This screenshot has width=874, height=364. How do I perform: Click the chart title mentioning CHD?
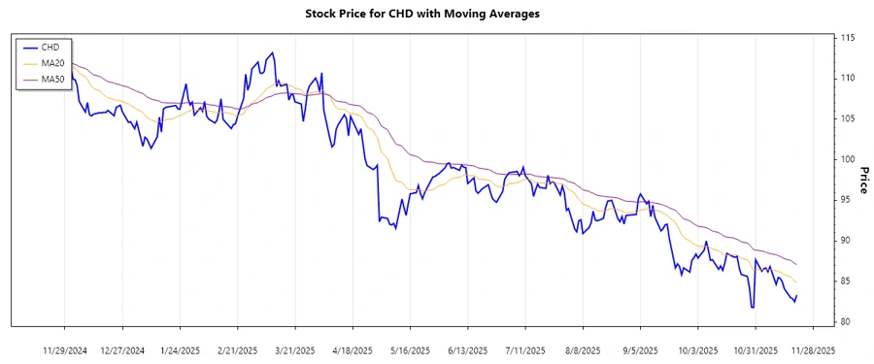tap(436, 14)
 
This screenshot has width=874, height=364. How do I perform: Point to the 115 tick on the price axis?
tap(847, 38)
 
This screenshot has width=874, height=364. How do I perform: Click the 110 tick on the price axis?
tap(847, 78)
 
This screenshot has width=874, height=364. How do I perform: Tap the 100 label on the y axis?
tap(847, 159)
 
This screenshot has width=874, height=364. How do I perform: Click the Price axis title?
tap(863, 180)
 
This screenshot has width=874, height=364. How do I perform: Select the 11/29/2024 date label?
tap(66, 350)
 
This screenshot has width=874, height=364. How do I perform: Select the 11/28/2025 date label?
tap(812, 350)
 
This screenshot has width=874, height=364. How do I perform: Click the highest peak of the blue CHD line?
tap(272, 52)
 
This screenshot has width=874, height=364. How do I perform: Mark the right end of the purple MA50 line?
tap(797, 264)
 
